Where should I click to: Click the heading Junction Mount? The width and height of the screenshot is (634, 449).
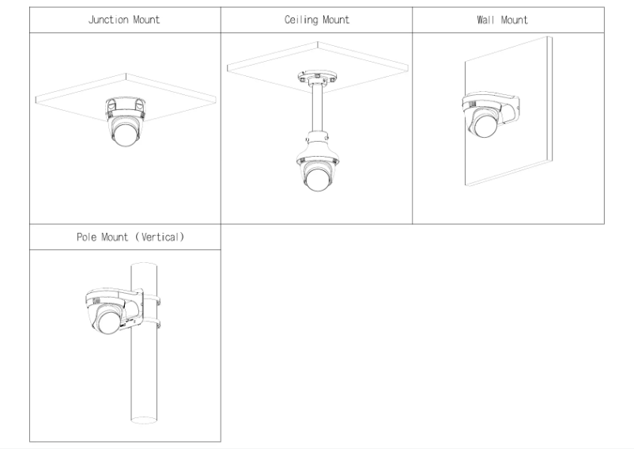(x=123, y=20)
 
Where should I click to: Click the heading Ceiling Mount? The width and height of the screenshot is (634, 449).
(x=316, y=20)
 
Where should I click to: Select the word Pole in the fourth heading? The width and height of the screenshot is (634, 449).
(x=87, y=236)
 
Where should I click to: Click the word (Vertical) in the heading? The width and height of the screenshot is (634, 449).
(x=163, y=236)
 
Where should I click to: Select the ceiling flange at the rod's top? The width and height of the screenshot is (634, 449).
(x=316, y=79)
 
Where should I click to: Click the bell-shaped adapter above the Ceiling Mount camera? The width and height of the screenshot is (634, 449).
(x=316, y=147)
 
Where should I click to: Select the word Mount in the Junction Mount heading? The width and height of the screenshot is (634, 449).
(x=145, y=20)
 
